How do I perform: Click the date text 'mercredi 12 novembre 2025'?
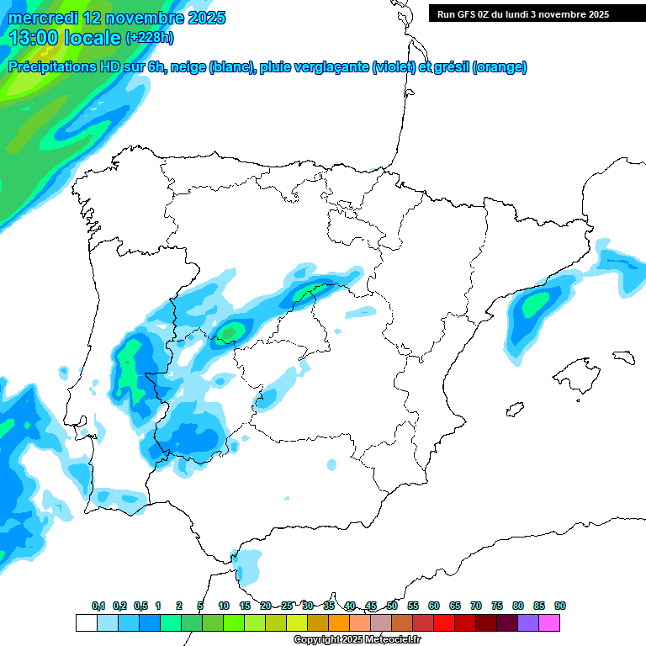pos(117,18)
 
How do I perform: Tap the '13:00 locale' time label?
pos(66,38)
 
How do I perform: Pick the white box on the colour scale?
pos(86,623)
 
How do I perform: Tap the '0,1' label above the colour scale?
pos(98,606)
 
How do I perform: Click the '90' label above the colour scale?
pos(560,606)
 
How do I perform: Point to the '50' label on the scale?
pos(392,606)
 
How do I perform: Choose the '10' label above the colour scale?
pos(224,606)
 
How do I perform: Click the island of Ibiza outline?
pos(512,410)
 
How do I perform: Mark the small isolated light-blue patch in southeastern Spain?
pos(331,464)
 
